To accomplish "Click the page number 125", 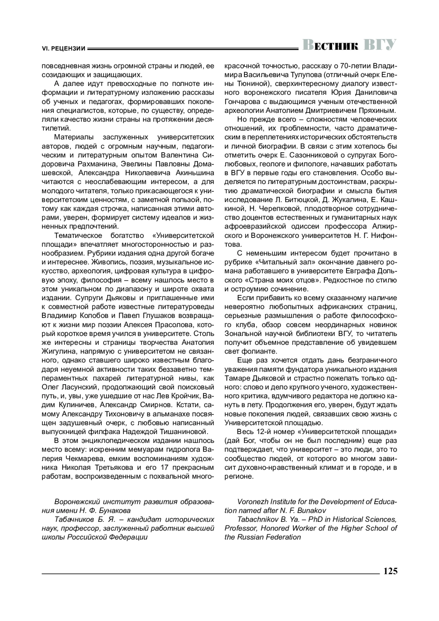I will [390, 571].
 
